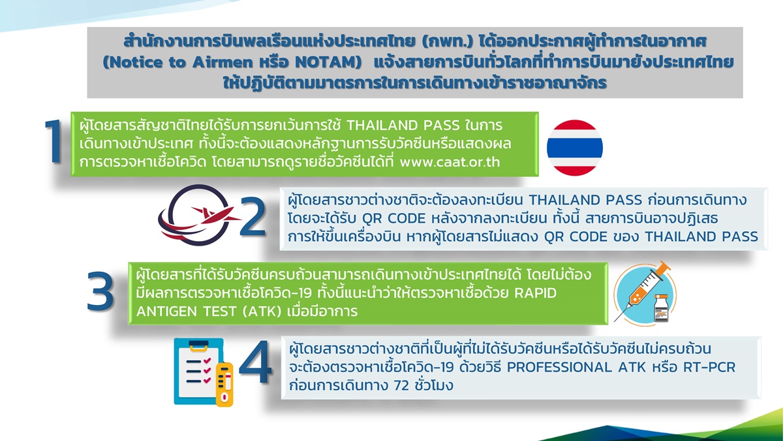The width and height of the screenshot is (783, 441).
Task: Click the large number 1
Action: (54, 141)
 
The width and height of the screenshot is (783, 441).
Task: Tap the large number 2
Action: (253, 217)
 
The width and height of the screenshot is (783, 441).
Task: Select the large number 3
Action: (100, 291)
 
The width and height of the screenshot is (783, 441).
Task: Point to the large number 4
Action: (255, 362)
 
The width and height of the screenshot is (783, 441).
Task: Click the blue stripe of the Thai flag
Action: (575, 148)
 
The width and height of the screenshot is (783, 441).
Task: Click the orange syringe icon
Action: (643, 291)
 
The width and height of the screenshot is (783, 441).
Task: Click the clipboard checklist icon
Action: (198, 371)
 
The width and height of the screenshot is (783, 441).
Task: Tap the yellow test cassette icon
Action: (224, 384)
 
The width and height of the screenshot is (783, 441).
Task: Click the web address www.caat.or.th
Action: (450, 162)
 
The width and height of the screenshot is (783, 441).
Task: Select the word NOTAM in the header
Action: (326, 62)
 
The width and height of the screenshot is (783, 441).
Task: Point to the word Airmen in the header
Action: (223, 62)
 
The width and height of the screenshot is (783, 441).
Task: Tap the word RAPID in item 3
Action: (535, 293)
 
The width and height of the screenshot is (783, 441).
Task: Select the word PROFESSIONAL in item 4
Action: (559, 367)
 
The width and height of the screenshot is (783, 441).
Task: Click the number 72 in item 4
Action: (401, 385)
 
